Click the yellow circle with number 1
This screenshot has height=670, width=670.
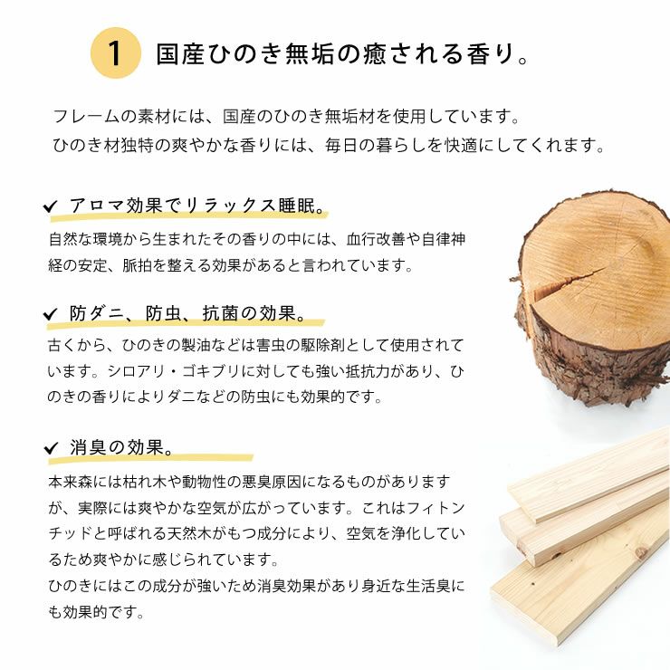[x=115, y=53]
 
